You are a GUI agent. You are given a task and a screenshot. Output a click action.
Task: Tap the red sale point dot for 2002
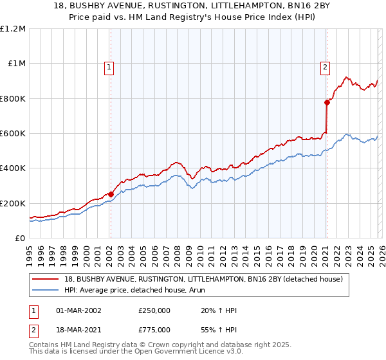click(x=111, y=194)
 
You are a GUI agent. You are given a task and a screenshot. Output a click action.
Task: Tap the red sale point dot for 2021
click(x=327, y=102)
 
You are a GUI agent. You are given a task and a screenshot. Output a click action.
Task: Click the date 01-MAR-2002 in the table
click(x=79, y=310)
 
